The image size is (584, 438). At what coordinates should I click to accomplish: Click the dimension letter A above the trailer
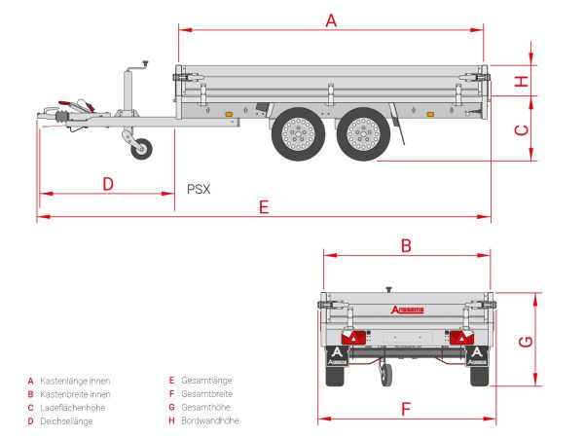(x=331, y=18)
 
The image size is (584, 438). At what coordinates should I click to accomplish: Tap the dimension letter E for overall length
(x=263, y=206)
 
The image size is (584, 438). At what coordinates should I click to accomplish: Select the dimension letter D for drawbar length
(x=108, y=183)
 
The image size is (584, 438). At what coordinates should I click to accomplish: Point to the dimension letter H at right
(x=522, y=81)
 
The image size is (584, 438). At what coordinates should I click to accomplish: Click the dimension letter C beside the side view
(x=521, y=129)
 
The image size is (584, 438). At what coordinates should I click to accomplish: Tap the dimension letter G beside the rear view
(x=525, y=340)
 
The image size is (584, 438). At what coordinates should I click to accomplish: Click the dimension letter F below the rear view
(x=407, y=408)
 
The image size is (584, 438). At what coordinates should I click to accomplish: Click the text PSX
(x=200, y=190)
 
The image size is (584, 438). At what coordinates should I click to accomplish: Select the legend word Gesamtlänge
(x=206, y=380)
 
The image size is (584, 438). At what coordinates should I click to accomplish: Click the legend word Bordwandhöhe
(x=209, y=420)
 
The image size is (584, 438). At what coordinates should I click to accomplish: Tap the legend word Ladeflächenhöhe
(x=72, y=407)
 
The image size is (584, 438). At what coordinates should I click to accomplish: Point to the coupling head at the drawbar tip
(x=49, y=116)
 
